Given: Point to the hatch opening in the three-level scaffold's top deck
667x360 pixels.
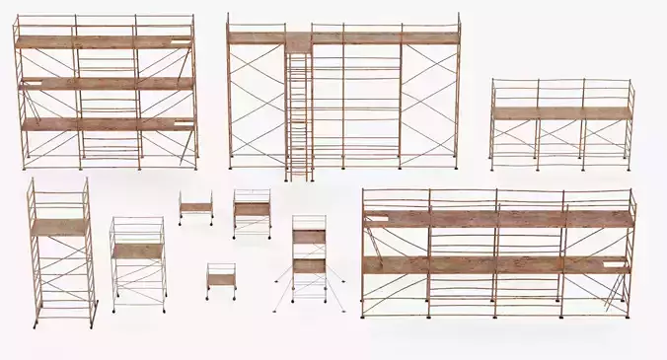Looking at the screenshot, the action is coord(181,41).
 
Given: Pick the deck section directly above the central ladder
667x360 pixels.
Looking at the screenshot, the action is coord(299,39).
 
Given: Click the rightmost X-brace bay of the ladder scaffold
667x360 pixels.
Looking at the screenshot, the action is coord(429,99).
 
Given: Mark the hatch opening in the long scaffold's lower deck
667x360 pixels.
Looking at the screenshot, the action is coord(617,263).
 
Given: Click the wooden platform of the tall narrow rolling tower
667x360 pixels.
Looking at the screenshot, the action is coord(59,227).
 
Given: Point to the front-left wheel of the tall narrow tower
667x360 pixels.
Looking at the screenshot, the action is coord(37,324).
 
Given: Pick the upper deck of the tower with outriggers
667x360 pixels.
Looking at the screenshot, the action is coord(309,236).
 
